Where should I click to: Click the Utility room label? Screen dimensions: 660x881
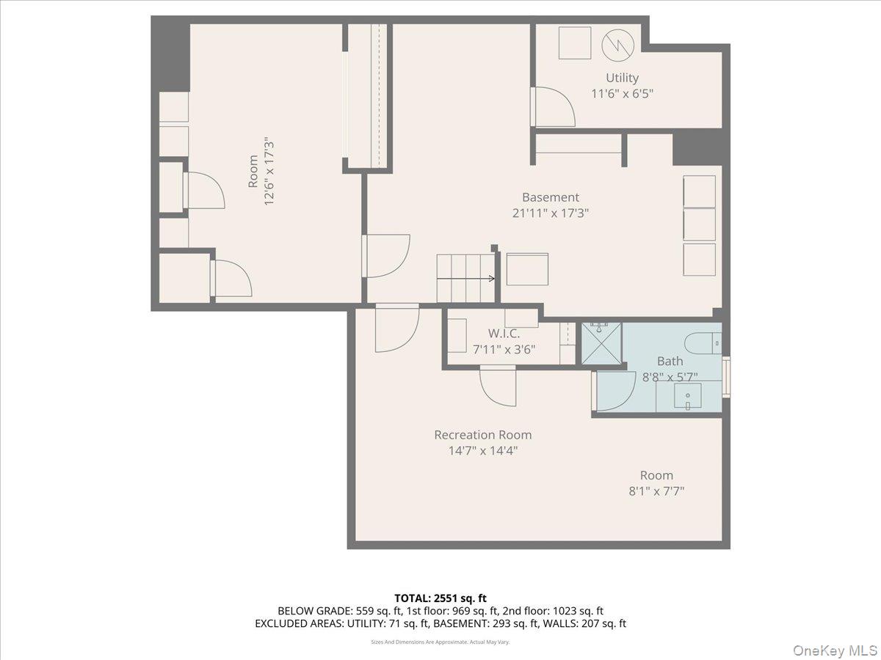click(x=622, y=78)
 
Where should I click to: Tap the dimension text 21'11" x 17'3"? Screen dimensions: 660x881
click(x=551, y=213)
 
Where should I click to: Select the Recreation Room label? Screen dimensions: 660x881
click(x=482, y=435)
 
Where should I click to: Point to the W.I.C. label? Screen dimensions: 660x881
click(x=504, y=333)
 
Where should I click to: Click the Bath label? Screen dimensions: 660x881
click(x=670, y=361)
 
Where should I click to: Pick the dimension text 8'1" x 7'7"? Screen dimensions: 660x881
click(x=656, y=491)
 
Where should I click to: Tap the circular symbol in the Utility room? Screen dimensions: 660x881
click(x=617, y=45)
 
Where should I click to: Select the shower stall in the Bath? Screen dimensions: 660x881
click(x=601, y=343)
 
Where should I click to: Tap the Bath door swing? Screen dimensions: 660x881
click(x=614, y=391)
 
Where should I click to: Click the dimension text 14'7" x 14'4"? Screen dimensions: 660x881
click(x=483, y=451)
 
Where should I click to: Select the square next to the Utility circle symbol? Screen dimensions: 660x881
click(x=574, y=43)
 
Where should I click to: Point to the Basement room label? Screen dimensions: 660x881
click(x=551, y=197)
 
